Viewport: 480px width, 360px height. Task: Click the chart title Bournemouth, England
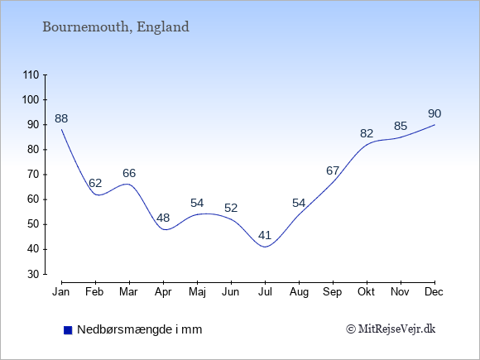point(116,27)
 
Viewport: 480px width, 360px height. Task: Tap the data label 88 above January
point(61,118)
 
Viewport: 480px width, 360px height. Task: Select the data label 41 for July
point(265,235)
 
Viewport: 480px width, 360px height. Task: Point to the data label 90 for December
point(434,114)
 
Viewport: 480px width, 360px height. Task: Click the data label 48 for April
point(163,218)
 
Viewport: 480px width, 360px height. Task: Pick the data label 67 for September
point(333,170)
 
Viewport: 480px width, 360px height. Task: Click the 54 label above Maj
point(197,203)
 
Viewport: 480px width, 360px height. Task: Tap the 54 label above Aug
point(299,203)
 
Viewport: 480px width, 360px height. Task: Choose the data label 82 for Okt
point(367,133)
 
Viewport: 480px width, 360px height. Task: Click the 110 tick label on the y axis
point(31,75)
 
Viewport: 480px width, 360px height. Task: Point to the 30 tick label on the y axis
point(33,274)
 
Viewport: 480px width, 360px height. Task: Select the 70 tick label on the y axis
point(33,175)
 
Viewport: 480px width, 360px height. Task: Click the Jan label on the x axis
point(61,292)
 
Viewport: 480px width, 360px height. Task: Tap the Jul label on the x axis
point(265,292)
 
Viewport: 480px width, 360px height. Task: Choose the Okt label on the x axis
point(366,292)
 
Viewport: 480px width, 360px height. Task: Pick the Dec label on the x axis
point(434,292)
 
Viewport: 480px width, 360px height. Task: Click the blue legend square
point(68,330)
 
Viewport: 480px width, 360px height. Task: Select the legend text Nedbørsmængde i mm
point(140,329)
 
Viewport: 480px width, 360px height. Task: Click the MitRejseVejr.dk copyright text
point(391,329)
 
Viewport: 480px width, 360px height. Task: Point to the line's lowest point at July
point(265,247)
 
